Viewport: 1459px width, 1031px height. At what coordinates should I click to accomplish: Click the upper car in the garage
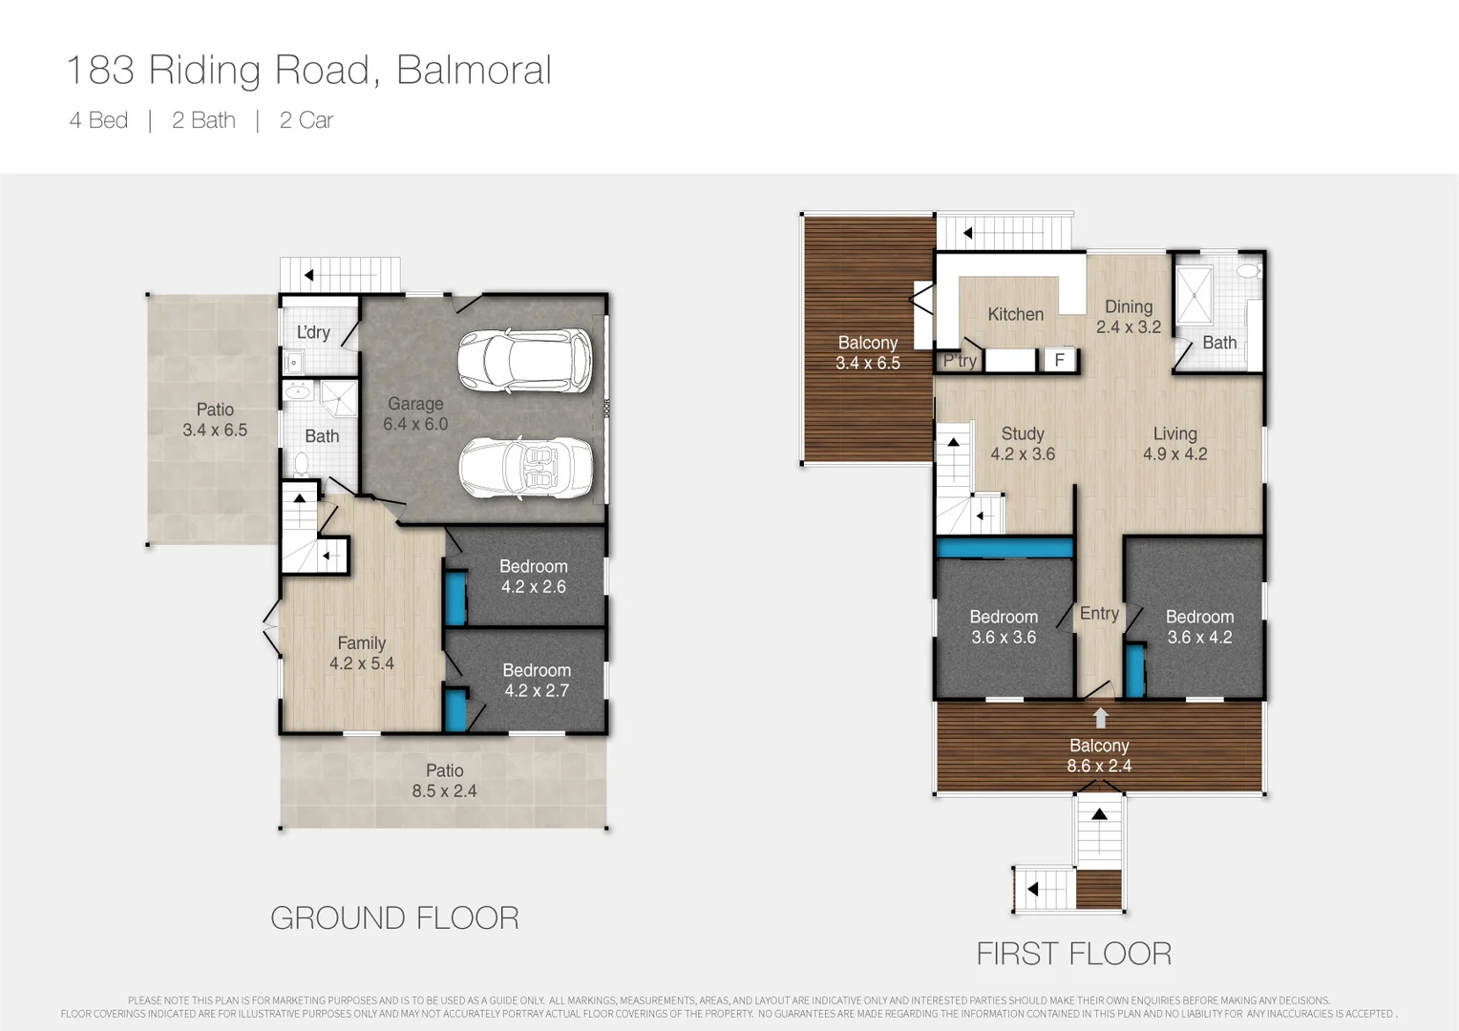click(x=525, y=361)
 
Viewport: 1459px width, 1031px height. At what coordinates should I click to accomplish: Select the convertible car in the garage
click(x=525, y=468)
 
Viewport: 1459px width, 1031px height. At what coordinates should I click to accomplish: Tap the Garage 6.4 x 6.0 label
click(x=415, y=414)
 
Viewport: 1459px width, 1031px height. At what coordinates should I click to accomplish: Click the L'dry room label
click(x=313, y=332)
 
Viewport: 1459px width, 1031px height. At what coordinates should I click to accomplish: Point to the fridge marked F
click(x=1060, y=360)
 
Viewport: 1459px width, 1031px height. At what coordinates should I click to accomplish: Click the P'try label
click(x=960, y=360)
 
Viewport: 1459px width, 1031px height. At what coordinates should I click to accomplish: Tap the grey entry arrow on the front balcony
click(x=1100, y=717)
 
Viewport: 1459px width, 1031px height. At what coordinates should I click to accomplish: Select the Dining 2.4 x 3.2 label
click(x=1129, y=317)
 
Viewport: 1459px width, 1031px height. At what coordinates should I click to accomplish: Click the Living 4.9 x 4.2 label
click(x=1175, y=444)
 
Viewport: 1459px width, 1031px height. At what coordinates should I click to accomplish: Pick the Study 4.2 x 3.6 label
click(x=1023, y=444)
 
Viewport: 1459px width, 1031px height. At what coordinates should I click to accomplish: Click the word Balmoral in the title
click(x=474, y=70)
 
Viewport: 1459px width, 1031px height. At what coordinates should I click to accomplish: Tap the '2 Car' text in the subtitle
click(x=307, y=120)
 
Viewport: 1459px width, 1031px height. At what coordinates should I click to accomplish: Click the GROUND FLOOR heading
click(x=394, y=917)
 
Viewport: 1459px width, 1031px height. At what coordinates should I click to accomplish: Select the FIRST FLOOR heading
click(x=1074, y=954)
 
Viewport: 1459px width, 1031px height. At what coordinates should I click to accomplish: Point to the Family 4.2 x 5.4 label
click(x=362, y=653)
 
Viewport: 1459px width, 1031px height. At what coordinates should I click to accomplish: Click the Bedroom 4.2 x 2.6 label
click(x=534, y=577)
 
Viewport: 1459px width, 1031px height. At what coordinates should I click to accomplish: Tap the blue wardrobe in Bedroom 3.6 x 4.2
click(x=1135, y=670)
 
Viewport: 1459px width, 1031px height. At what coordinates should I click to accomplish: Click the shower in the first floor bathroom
click(x=1195, y=295)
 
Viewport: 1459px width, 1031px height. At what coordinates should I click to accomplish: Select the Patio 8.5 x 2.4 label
click(x=444, y=780)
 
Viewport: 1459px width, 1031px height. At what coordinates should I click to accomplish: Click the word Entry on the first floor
click(x=1099, y=614)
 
